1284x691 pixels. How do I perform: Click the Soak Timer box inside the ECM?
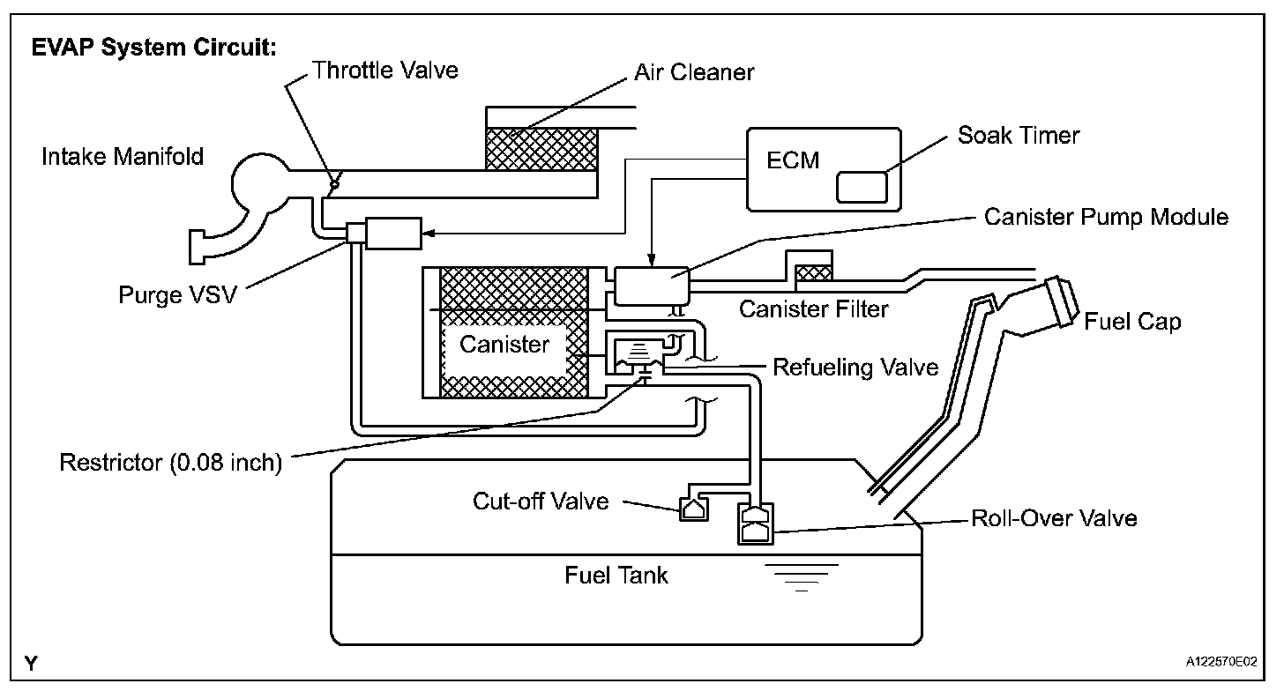click(862, 187)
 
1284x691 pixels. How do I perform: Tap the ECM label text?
click(793, 160)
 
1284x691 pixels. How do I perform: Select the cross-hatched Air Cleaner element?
click(541, 149)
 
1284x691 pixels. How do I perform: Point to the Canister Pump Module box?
click(652, 286)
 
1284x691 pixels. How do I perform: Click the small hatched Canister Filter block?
click(814, 272)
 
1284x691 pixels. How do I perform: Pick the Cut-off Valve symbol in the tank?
click(693, 508)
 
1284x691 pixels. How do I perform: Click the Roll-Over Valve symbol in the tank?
click(755, 524)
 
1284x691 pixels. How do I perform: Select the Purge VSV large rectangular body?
click(393, 234)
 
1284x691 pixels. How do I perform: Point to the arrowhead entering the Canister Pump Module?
click(652, 261)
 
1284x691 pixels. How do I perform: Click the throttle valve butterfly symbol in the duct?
click(335, 183)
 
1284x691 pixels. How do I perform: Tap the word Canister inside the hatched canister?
click(504, 344)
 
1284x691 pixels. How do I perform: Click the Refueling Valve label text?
click(855, 368)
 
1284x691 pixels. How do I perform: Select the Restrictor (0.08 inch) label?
click(171, 463)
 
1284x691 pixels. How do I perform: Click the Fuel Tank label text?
click(616, 575)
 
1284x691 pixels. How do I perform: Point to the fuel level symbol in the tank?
click(802, 577)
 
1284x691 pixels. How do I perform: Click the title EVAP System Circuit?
click(153, 47)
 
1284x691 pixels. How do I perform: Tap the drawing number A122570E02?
click(1221, 662)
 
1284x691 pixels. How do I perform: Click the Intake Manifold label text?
click(123, 156)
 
